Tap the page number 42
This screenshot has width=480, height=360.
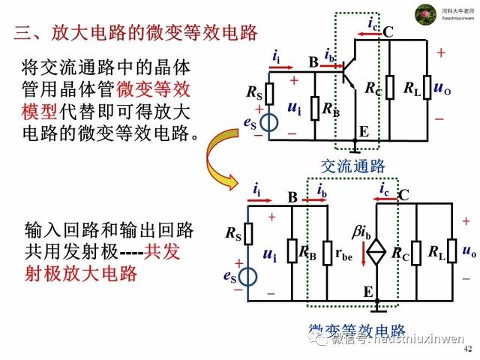point(468,350)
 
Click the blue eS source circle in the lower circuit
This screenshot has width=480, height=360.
point(249,278)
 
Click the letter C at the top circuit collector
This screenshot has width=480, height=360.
point(388,31)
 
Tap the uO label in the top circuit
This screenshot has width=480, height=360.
point(442,88)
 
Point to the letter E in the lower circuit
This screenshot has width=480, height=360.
point(368,291)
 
